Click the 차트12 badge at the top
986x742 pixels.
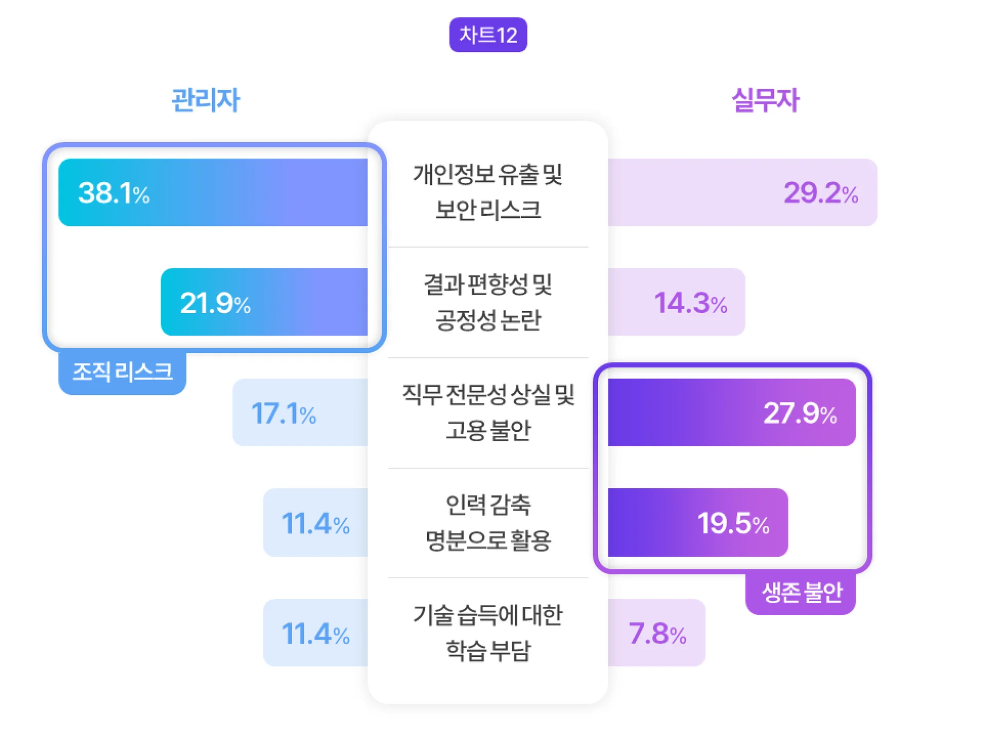pyautogui.click(x=488, y=35)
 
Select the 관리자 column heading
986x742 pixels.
pyautogui.click(x=205, y=100)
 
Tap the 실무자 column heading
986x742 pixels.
pyautogui.click(x=765, y=100)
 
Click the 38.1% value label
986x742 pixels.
pyautogui.click(x=113, y=193)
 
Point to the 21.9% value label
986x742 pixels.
pyautogui.click(x=215, y=303)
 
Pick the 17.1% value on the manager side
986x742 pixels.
pyautogui.click(x=283, y=413)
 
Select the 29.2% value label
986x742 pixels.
pyautogui.click(x=821, y=193)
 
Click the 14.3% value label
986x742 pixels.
pyautogui.click(x=690, y=303)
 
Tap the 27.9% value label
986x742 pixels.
pyautogui.click(x=800, y=413)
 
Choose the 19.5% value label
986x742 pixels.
pyautogui.click(x=733, y=523)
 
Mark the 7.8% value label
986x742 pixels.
pyautogui.click(x=657, y=633)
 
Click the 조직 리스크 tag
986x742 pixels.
pyautogui.click(x=122, y=372)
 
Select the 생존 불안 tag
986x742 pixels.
pyautogui.click(x=801, y=593)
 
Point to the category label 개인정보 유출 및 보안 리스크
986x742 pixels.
pyautogui.click(x=488, y=192)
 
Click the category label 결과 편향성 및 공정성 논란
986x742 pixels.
pyautogui.click(x=488, y=302)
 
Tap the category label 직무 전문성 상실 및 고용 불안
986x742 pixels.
pyautogui.click(x=488, y=412)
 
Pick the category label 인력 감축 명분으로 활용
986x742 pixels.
pyautogui.click(x=488, y=522)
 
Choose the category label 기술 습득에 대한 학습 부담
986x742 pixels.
pyautogui.click(x=488, y=633)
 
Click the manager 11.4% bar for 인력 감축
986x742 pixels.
pyautogui.click(x=315, y=523)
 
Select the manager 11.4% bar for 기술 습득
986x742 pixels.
pyautogui.click(x=315, y=633)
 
